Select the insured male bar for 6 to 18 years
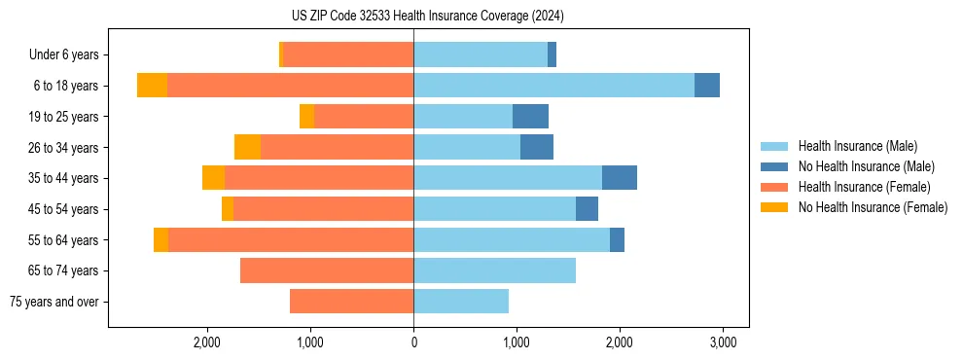(553, 86)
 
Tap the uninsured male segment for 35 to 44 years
(620, 178)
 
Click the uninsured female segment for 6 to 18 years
(152, 86)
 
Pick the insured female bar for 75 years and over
(351, 302)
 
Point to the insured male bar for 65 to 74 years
(494, 270)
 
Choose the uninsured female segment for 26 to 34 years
(247, 147)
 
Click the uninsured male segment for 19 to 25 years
(530, 117)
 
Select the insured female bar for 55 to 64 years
(291, 239)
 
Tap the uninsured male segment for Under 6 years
(552, 54)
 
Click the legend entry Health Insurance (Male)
(857, 146)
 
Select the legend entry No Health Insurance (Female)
(873, 207)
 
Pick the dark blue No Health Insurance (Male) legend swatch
(774, 166)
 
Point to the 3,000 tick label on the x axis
(722, 342)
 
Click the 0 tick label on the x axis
(413, 342)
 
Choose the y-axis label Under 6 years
(64, 55)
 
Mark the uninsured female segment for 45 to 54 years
(228, 209)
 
